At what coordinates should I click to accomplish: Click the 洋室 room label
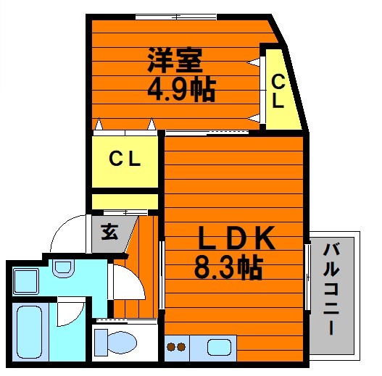175,60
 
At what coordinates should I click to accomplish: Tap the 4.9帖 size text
182,90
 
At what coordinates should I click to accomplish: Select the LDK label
237,238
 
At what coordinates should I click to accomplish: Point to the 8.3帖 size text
228,267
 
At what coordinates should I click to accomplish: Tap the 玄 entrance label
109,232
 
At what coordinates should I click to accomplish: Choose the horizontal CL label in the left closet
125,159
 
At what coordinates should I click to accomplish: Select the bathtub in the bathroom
30,332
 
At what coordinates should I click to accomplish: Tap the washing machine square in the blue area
26,281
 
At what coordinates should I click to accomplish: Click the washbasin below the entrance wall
63,269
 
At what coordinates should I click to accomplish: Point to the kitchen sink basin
219,347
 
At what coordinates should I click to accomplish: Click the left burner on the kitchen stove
171,347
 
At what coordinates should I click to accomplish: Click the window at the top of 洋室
176,17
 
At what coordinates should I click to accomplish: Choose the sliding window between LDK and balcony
307,277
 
